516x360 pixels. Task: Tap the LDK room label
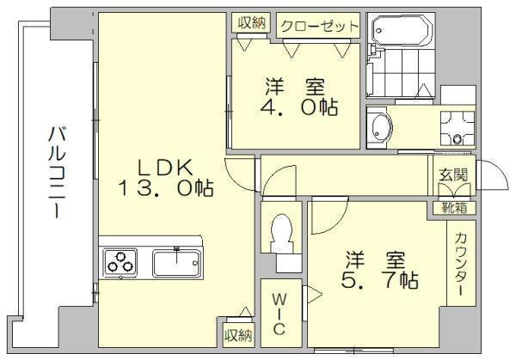[x=165, y=168]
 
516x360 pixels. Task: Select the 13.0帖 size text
[x=165, y=188]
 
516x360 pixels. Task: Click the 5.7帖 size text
[x=379, y=280]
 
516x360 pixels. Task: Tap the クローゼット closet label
[x=319, y=27]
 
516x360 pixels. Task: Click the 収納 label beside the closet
[x=252, y=22]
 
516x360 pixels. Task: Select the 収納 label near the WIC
[x=238, y=335]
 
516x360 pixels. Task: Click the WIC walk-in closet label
[x=279, y=314]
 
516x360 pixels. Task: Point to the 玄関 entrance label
[x=453, y=175]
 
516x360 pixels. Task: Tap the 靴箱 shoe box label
[x=454, y=208]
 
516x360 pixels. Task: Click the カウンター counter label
[x=461, y=264]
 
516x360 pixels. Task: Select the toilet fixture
[x=281, y=234]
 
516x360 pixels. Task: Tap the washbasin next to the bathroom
[x=381, y=127]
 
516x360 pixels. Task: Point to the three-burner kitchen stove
[x=120, y=263]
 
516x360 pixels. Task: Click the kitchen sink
[x=176, y=263]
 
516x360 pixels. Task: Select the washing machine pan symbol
[x=458, y=128]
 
